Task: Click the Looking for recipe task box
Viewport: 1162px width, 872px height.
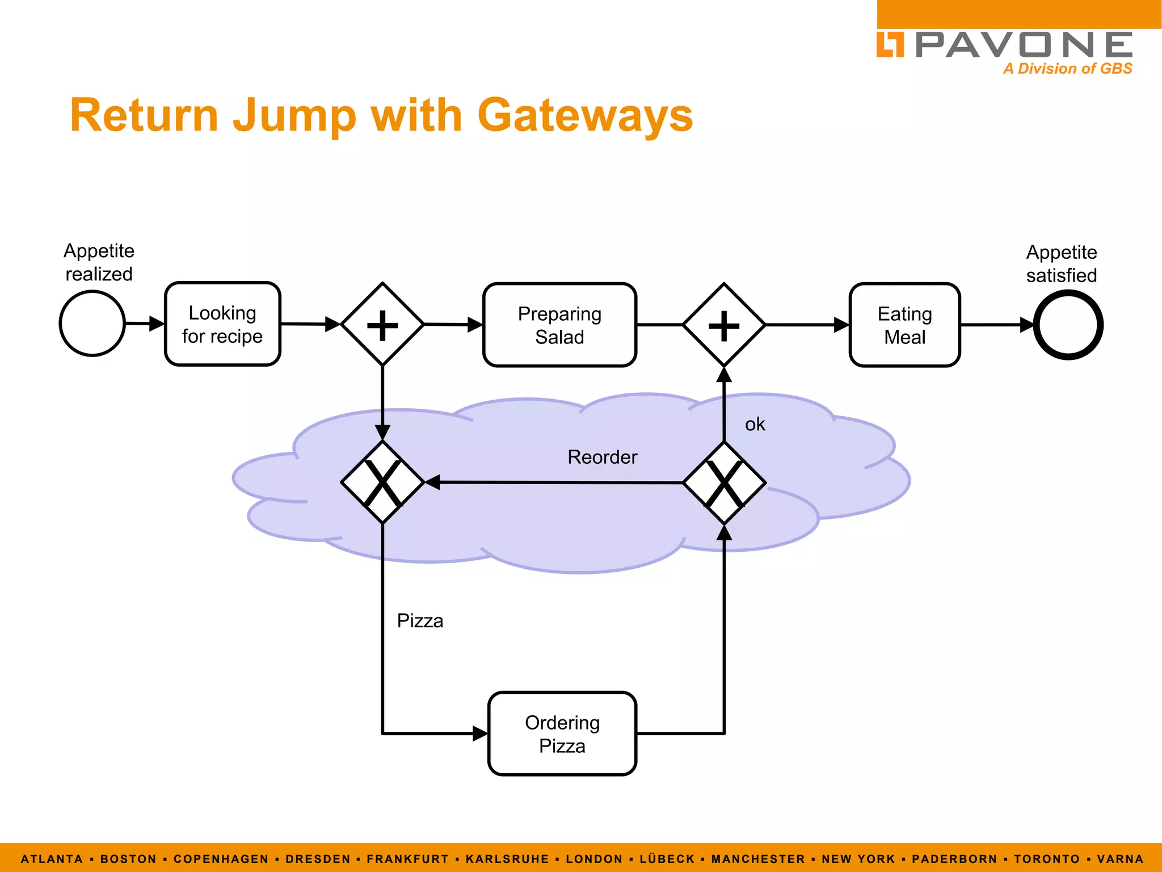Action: click(222, 324)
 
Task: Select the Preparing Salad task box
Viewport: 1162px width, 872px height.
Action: click(559, 325)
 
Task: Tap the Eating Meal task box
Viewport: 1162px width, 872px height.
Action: click(904, 325)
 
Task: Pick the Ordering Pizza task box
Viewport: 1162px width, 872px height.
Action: click(562, 733)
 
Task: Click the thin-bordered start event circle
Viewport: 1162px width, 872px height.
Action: click(92, 324)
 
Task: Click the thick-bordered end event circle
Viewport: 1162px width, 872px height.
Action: click(1068, 325)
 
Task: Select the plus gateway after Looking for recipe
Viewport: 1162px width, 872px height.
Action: click(382, 325)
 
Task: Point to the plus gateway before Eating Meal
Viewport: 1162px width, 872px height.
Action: click(724, 325)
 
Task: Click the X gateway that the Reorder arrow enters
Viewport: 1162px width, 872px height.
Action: click(382, 483)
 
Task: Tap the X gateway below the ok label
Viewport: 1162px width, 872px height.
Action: click(724, 483)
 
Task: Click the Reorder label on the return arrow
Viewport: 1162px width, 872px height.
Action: click(602, 457)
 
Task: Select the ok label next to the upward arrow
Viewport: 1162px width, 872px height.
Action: click(755, 424)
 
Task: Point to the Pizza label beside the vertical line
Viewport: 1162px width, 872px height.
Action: click(420, 621)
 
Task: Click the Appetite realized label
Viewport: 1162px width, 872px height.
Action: click(99, 262)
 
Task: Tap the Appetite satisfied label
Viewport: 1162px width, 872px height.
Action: click(1061, 263)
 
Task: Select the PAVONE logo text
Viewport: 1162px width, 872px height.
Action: click(1024, 45)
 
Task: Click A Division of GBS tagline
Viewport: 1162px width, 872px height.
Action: click(1067, 69)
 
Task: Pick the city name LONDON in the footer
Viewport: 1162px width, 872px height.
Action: click(594, 859)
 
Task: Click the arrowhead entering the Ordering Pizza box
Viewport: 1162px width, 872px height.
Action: click(480, 733)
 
